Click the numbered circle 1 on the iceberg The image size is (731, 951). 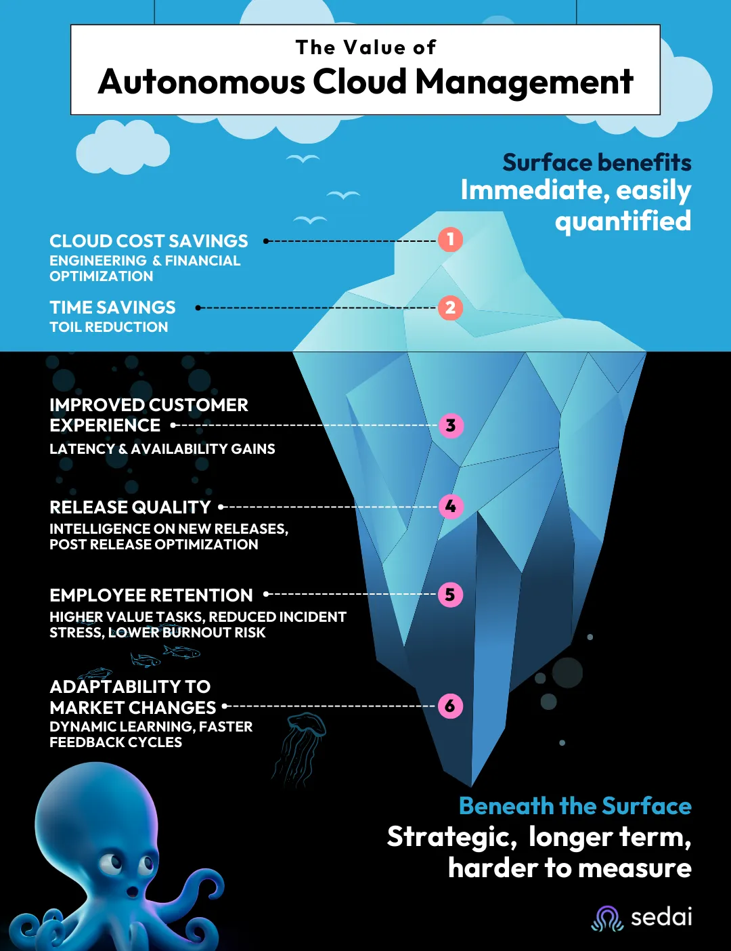(x=450, y=239)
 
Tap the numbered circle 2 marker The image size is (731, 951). (x=450, y=308)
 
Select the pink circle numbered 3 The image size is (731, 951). (x=451, y=426)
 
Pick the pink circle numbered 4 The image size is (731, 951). (x=451, y=507)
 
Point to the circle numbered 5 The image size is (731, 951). (x=450, y=595)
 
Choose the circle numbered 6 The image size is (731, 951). (x=450, y=706)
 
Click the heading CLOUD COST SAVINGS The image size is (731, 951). (x=149, y=241)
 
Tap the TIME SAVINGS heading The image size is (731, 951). (x=112, y=308)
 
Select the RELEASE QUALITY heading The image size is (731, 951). (x=130, y=507)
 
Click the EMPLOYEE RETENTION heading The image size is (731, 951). (x=151, y=595)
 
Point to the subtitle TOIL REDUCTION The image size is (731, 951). (x=108, y=327)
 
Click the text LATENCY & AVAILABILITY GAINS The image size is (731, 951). (x=162, y=449)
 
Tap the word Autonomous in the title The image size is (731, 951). (x=201, y=83)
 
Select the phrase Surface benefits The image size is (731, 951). (x=596, y=163)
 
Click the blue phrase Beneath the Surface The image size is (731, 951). (x=575, y=806)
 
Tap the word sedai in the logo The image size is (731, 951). (x=661, y=917)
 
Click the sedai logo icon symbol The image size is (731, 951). (x=607, y=918)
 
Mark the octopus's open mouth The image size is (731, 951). (x=132, y=891)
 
